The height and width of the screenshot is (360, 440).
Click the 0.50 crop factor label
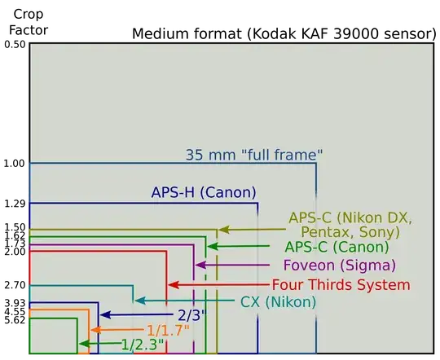[15, 45]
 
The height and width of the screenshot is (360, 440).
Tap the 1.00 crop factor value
[15, 164]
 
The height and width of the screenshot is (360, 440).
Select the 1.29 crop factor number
[15, 204]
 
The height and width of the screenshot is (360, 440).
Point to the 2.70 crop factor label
[15, 285]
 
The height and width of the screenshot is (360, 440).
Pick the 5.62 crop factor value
[15, 320]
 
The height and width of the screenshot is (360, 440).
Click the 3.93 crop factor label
[15, 303]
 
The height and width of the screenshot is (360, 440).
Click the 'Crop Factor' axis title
[29, 22]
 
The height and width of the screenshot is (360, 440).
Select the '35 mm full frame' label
[254, 155]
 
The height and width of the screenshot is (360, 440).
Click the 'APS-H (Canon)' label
[204, 192]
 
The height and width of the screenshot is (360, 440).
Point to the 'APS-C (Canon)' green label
[337, 248]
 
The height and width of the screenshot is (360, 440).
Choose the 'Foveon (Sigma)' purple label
[340, 266]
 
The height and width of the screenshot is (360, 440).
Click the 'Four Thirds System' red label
[341, 285]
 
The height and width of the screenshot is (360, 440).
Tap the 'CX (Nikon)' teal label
[278, 302]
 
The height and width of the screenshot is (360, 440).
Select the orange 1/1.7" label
[169, 330]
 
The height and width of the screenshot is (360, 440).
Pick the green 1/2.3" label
[143, 345]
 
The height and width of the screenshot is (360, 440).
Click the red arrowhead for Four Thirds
[174, 285]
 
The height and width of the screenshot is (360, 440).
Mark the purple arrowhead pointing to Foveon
[200, 265]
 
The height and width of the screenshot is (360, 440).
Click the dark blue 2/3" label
[192, 315]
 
